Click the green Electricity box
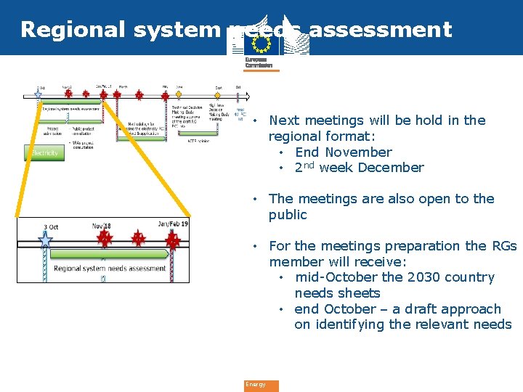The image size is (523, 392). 44,152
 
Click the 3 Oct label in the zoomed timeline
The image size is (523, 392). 51,227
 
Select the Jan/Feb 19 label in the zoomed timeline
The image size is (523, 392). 173,224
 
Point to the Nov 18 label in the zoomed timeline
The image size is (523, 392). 102,226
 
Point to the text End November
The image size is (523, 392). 343,152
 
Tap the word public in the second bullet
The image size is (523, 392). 288,215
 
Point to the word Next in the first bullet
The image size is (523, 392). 283,121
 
